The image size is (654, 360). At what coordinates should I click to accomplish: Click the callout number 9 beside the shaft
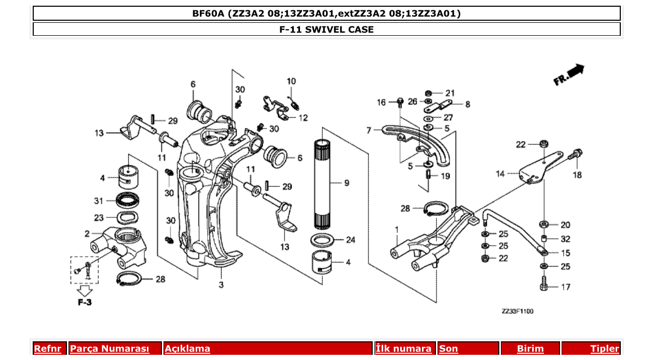coord(347,183)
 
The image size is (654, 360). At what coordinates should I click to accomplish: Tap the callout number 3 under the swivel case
coord(221,285)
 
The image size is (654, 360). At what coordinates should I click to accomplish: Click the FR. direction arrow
coord(569,75)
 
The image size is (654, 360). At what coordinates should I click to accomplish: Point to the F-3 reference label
coord(85,302)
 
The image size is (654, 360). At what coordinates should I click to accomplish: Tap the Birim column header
coord(530,349)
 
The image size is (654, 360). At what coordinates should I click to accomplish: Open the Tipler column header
coord(605,349)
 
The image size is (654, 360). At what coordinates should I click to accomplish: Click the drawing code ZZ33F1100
coord(517,311)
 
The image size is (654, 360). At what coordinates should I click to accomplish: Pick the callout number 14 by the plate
coord(500,174)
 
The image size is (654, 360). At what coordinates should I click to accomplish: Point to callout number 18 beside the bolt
coord(577,175)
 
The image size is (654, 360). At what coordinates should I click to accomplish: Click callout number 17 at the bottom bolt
coord(565,286)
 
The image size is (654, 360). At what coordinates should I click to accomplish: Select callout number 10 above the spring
coord(291,81)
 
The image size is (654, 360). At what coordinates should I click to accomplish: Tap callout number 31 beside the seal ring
coord(99,201)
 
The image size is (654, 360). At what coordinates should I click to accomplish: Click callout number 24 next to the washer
coord(350,240)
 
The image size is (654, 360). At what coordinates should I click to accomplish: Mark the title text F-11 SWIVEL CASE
coord(326,30)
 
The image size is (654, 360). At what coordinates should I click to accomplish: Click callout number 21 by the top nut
coord(449,93)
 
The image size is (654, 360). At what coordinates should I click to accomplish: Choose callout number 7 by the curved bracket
coord(369,130)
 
